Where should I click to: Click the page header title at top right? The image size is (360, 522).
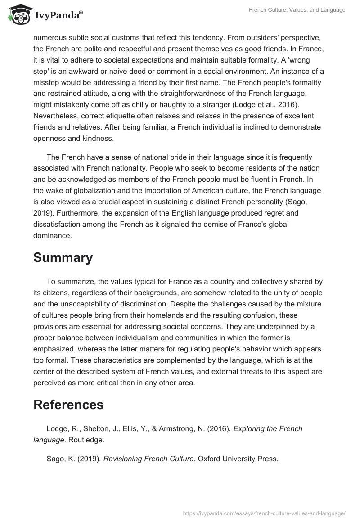297,10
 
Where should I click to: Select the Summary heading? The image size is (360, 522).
63,258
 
